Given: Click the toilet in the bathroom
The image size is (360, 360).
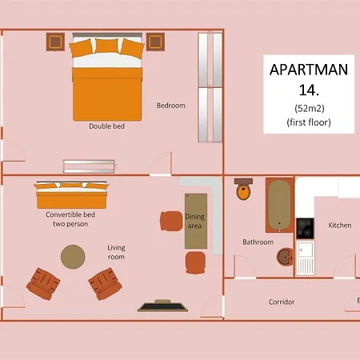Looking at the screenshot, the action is [243, 189].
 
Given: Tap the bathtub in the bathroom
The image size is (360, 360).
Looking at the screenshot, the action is [279, 206].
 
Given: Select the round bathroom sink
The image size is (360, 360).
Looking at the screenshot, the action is [285, 257].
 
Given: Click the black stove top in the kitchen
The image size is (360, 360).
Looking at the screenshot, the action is [305, 228].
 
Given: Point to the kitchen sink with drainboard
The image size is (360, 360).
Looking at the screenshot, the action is [305, 258].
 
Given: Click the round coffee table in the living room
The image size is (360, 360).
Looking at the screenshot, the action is [73, 257].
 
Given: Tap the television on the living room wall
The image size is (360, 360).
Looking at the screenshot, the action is [162, 306].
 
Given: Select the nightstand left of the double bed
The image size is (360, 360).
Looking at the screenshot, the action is [55, 42].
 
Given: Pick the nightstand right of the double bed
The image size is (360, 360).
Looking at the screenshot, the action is [155, 42].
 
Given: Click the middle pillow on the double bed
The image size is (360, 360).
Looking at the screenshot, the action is [107, 46].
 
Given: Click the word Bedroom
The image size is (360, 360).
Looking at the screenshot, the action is [170, 106].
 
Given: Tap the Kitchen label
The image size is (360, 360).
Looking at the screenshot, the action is [340, 225].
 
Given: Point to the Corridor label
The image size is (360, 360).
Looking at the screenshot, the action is [282, 302].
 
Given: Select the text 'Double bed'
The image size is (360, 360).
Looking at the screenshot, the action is [106, 126].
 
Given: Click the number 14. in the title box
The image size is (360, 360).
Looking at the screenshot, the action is [309, 90].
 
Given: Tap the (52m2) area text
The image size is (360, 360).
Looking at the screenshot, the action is [310, 108].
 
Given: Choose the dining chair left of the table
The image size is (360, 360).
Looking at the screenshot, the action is [171, 221].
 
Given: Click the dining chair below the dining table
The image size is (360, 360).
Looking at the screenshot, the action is [195, 262].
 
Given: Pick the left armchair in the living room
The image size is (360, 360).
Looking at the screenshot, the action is [43, 284].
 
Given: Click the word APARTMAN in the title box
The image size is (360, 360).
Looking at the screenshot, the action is [309, 70].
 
